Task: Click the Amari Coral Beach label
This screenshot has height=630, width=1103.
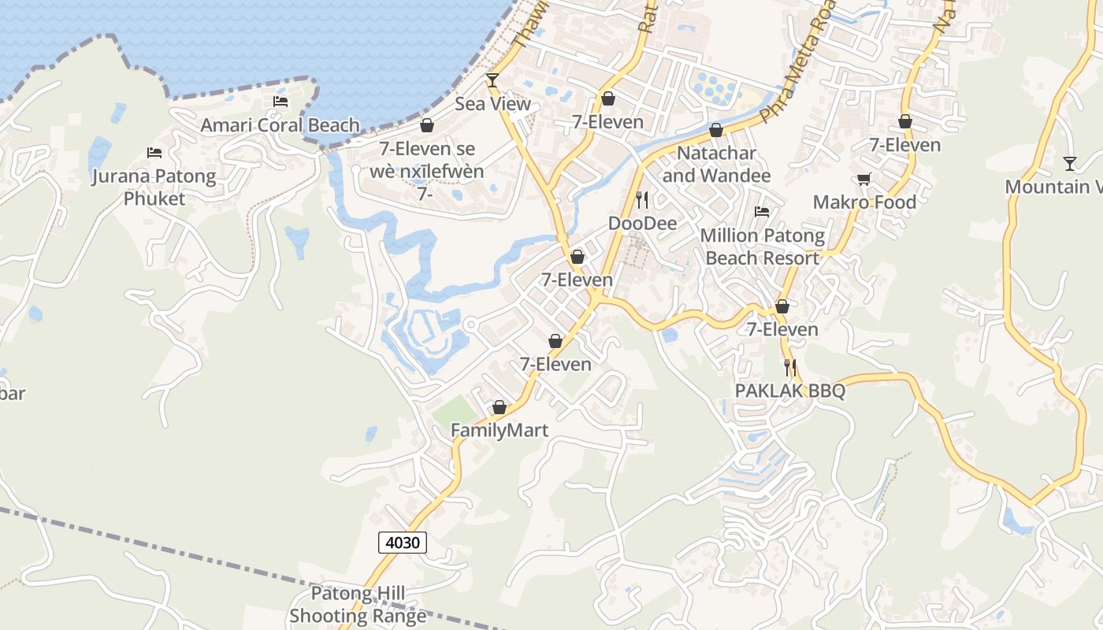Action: [280, 125]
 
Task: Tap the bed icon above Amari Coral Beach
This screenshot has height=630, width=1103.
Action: [280, 102]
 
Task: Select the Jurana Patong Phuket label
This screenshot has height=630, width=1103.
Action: [154, 187]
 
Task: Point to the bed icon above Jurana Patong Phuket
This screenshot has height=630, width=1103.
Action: [154, 152]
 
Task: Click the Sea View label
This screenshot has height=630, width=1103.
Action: [492, 104]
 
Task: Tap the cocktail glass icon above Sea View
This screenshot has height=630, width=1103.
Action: [492, 80]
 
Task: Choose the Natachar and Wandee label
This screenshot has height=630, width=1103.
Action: [716, 164]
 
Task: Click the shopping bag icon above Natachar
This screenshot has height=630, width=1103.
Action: [716, 130]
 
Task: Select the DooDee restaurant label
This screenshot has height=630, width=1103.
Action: [642, 224]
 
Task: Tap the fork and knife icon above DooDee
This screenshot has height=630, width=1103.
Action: [642, 200]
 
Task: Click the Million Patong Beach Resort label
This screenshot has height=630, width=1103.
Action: [762, 246]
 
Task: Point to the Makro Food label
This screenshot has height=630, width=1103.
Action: [864, 202]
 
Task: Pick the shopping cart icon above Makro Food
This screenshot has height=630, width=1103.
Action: [864, 179]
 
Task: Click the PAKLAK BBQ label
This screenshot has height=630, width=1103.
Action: [789, 391]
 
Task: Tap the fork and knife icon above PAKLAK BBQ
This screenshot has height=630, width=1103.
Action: [789, 367]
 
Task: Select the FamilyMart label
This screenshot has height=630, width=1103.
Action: [499, 431]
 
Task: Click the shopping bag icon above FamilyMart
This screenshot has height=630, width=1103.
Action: [499, 407]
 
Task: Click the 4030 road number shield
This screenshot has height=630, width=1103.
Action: [403, 542]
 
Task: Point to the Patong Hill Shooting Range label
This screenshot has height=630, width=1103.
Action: [358, 604]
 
